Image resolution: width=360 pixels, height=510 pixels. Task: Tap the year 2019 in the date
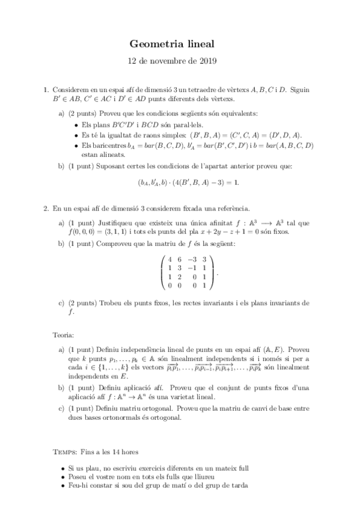(x=207, y=61)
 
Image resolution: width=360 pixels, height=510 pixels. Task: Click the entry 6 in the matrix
(x=178, y=260)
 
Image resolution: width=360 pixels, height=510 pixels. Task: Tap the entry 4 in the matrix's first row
(x=169, y=260)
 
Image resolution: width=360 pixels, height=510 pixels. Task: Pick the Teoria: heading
(x=64, y=334)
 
